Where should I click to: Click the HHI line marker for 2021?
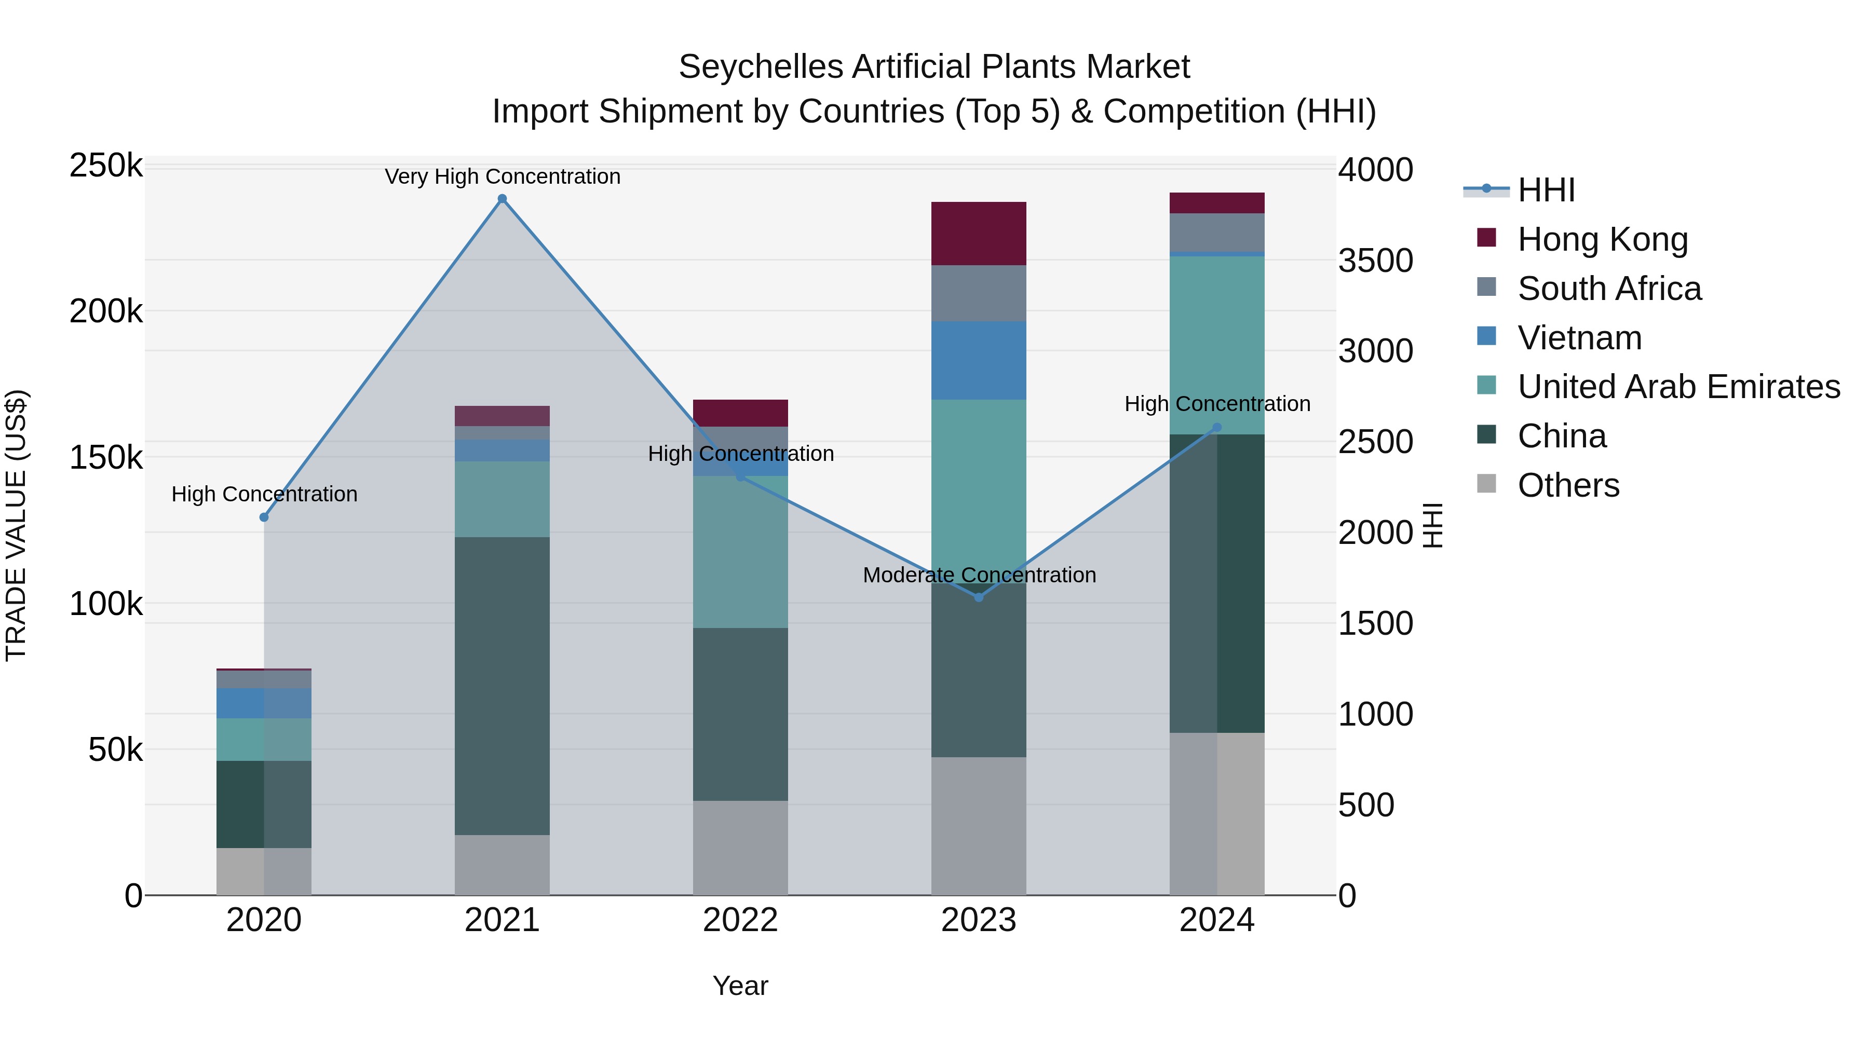pos(502,199)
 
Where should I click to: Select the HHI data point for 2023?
pos(979,597)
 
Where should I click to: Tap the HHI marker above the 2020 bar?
pos(264,517)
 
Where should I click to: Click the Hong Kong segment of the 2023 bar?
pos(979,234)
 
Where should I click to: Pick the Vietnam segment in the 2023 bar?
pos(979,361)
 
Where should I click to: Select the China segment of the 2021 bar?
pos(502,686)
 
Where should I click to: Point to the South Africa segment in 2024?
pos(1217,232)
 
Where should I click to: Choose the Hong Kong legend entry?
pos(1603,239)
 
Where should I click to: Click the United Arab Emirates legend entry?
pos(1678,387)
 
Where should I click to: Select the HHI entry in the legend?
pos(1546,190)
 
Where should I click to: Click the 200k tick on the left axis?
pos(106,312)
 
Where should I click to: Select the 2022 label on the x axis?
pos(740,920)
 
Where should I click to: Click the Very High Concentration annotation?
pos(502,176)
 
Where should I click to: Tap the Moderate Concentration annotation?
pos(979,575)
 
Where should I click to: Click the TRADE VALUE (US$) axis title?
pos(16,525)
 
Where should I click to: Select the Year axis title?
pos(740,986)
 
